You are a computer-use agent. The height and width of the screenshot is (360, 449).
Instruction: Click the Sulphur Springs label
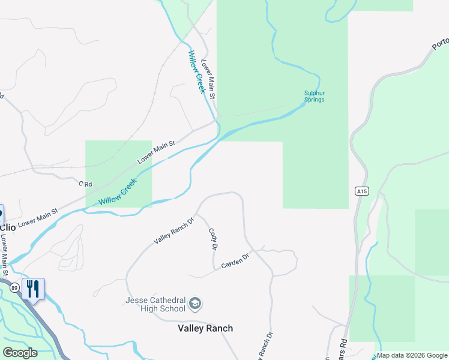point(314,96)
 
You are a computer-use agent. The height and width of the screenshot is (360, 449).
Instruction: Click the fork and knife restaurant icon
point(33,289)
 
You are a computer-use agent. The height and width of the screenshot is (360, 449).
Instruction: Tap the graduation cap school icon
point(194,304)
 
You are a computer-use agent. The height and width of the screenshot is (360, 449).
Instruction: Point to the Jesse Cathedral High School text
point(155,304)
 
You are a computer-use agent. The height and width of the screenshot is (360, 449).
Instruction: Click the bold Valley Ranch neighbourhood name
point(205,328)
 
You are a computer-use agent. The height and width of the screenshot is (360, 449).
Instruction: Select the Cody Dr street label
point(212,239)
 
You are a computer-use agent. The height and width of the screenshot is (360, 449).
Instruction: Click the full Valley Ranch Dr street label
point(174,230)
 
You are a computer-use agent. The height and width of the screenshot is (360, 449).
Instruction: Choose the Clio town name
point(8,227)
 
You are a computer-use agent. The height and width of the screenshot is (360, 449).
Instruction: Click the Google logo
point(20,353)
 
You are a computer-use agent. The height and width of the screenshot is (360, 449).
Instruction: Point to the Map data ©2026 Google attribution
point(412,355)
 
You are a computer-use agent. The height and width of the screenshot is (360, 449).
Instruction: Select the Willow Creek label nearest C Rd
point(118,193)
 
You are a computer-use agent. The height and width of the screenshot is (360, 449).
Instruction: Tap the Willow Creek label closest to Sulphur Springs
point(197,71)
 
